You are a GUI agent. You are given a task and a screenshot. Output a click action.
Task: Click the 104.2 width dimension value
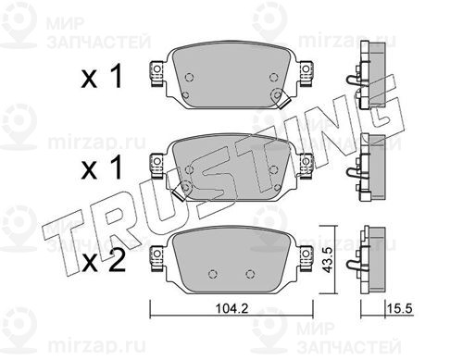pyautogui.click(x=231, y=308)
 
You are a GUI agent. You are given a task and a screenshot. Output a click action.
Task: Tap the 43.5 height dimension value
pyautogui.click(x=327, y=260)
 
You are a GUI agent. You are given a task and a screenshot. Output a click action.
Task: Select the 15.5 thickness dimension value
pyautogui.click(x=399, y=308)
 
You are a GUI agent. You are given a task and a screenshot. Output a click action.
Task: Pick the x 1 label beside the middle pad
pyautogui.click(x=102, y=168)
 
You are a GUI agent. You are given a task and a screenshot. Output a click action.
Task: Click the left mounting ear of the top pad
pyautogui.click(x=156, y=73)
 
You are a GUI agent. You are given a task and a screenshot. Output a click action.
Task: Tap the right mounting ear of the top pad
pyautogui.click(x=307, y=73)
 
